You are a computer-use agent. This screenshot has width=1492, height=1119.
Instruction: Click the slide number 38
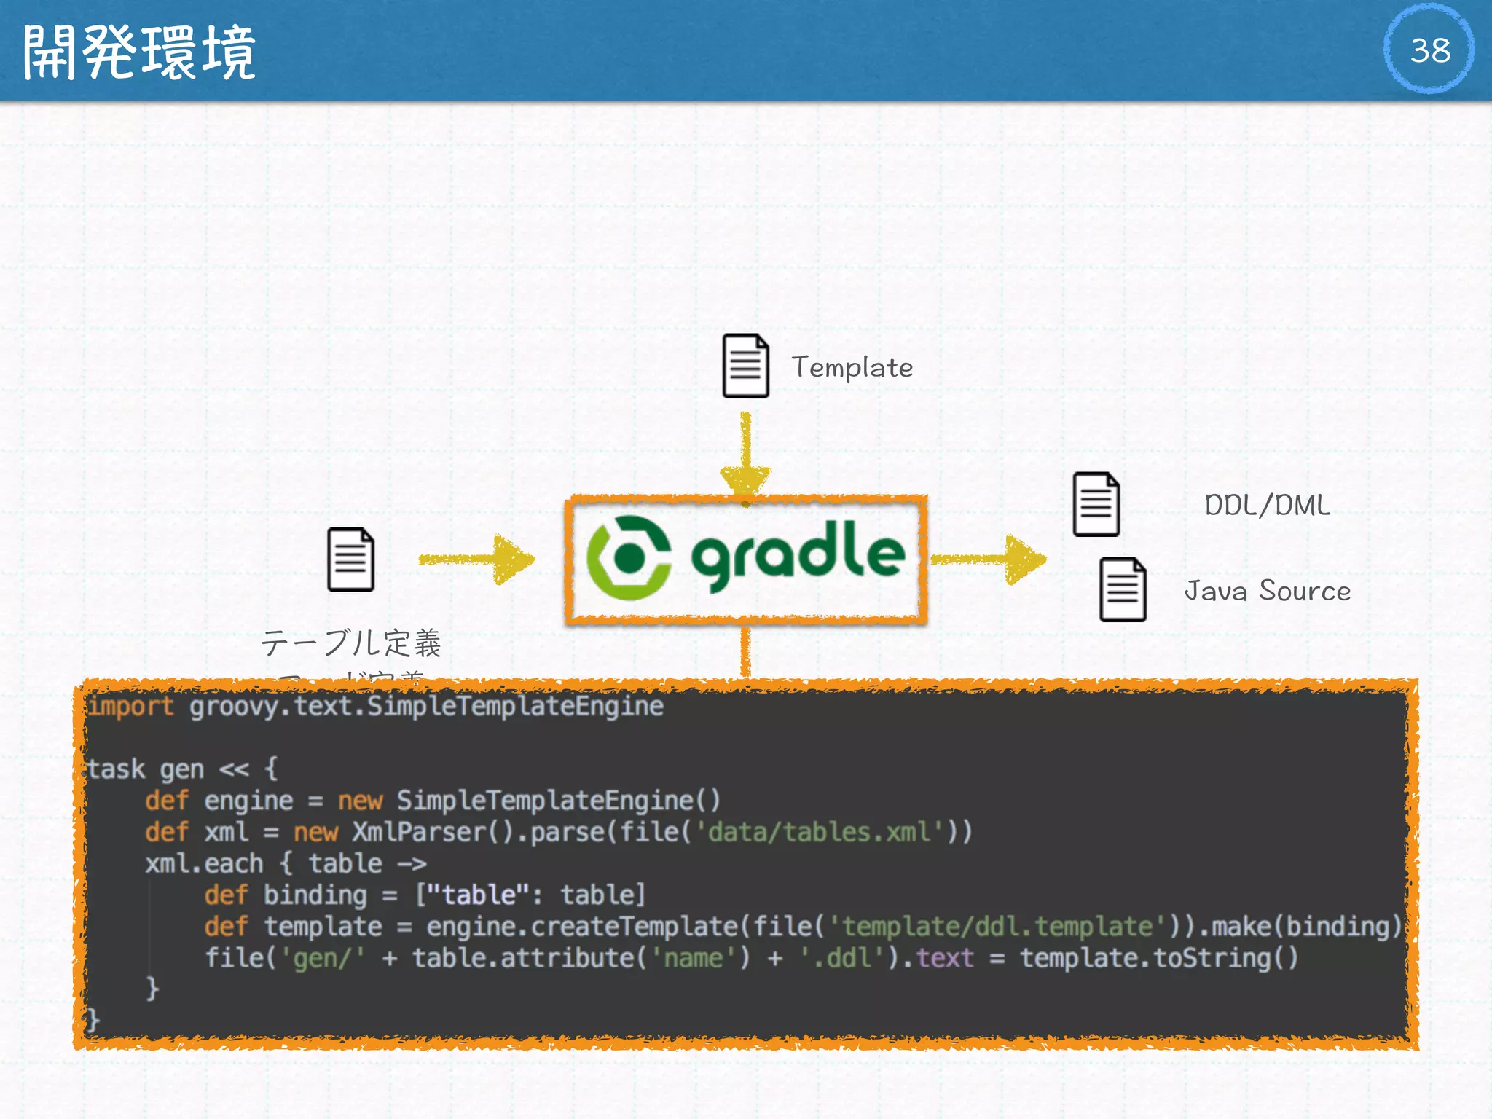point(1429,50)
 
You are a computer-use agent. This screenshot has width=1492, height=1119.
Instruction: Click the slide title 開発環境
point(138,52)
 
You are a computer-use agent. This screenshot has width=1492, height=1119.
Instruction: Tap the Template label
point(852,367)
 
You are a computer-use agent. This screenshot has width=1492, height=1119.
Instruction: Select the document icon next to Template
point(745,366)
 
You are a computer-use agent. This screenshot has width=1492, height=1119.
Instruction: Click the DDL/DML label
point(1267,505)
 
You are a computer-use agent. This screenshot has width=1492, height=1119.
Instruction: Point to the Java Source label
point(1267,590)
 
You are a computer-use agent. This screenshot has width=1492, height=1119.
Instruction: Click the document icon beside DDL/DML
point(1096,504)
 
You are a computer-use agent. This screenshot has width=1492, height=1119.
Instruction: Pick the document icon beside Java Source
point(1123,589)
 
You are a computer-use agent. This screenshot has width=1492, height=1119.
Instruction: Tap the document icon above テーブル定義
point(351,559)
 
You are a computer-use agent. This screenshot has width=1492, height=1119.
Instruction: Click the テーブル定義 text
point(351,643)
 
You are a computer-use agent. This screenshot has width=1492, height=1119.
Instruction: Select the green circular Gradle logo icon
point(629,558)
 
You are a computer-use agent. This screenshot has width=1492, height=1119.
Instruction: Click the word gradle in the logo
point(798,555)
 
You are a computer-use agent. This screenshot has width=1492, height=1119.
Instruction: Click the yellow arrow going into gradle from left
point(477,559)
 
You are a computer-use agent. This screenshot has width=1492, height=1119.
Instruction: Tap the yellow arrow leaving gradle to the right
point(989,559)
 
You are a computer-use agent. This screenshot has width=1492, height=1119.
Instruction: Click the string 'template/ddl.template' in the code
point(997,927)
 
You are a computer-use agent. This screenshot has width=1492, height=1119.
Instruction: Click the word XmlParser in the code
point(419,832)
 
